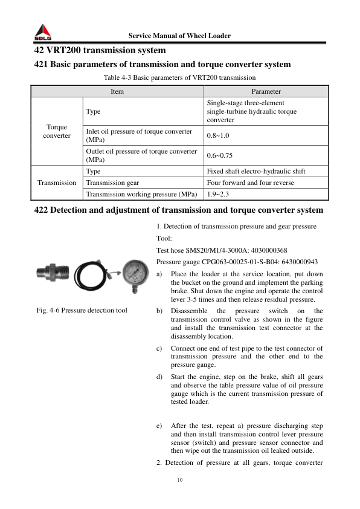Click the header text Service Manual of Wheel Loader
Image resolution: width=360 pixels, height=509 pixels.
(x=179, y=36)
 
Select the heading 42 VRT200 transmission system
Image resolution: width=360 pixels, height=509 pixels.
(x=100, y=51)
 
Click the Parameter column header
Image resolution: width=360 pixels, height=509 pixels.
(x=266, y=91)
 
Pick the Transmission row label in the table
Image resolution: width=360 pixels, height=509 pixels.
(x=56, y=183)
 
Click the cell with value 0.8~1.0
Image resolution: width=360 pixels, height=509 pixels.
(x=218, y=136)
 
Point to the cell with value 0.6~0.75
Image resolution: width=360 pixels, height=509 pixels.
(x=220, y=155)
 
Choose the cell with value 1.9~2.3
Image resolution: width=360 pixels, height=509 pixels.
(x=218, y=194)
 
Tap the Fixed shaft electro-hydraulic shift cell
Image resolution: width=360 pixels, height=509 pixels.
(x=256, y=171)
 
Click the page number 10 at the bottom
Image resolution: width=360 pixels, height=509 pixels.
(x=179, y=480)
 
